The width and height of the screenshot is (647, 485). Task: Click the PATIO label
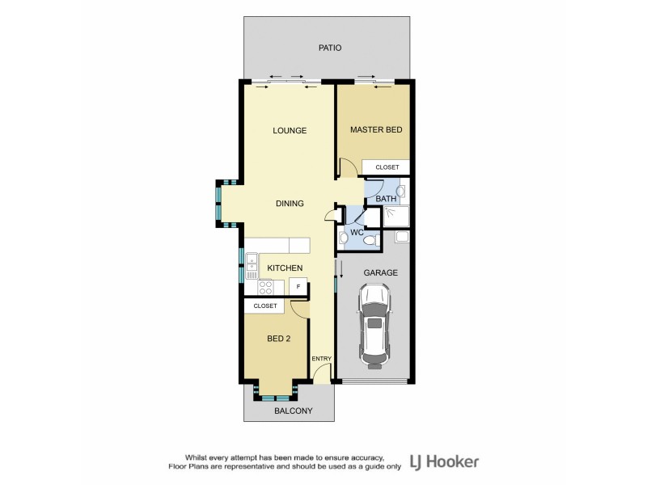[329, 48]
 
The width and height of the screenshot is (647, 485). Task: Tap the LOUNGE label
[290, 130]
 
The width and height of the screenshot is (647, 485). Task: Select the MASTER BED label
[376, 129]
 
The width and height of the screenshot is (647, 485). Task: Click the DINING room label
[289, 204]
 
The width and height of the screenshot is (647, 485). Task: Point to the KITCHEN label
[285, 268]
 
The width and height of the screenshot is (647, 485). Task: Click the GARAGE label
[380, 273]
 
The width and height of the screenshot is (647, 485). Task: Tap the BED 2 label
[278, 339]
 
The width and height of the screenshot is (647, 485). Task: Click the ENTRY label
[322, 358]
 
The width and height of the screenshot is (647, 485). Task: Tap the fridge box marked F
[298, 287]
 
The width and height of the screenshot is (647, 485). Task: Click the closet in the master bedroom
[387, 167]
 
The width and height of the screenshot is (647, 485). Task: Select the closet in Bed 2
[265, 306]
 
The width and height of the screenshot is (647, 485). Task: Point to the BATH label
[386, 198]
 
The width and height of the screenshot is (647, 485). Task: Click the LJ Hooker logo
[447, 462]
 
